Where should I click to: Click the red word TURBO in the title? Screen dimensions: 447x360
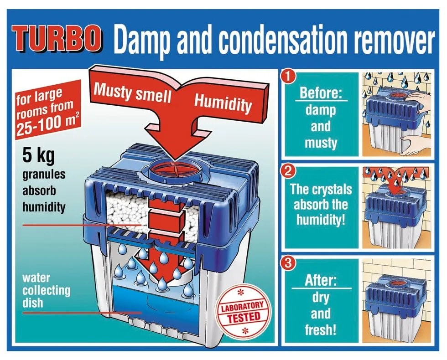point(57,39)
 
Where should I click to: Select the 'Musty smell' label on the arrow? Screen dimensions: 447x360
point(132,93)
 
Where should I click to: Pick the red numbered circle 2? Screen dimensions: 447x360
point(288,172)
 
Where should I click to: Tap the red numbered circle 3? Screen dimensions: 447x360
point(288,263)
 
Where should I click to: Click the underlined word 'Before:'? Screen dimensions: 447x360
point(321,93)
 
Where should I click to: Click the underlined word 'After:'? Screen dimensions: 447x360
point(321,281)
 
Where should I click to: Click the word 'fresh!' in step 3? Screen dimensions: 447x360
point(321,330)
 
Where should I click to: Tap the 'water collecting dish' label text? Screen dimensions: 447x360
point(46,290)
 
